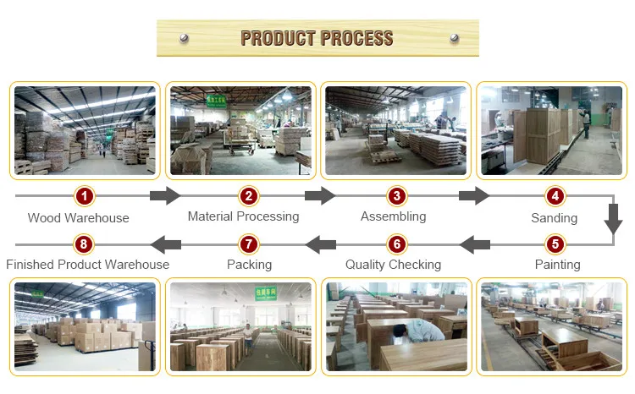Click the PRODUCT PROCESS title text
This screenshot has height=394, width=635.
point(317,38)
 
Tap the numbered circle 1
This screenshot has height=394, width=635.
point(83,196)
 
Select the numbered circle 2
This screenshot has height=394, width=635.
point(248,196)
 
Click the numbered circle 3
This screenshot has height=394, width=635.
point(396,196)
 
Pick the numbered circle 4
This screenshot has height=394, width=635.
point(555,196)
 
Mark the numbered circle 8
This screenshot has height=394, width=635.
point(83,245)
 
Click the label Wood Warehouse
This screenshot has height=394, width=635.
point(79,218)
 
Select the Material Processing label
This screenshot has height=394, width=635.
point(243,216)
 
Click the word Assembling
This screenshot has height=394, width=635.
point(393,216)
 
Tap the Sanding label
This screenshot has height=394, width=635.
point(554,218)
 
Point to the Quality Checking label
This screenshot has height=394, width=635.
point(393,265)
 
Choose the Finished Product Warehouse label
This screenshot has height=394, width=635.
point(87,265)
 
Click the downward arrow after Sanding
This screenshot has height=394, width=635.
point(613,221)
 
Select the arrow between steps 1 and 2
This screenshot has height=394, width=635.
point(164,196)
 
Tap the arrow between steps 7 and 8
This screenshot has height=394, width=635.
point(166,245)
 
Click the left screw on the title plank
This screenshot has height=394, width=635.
point(183,38)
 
